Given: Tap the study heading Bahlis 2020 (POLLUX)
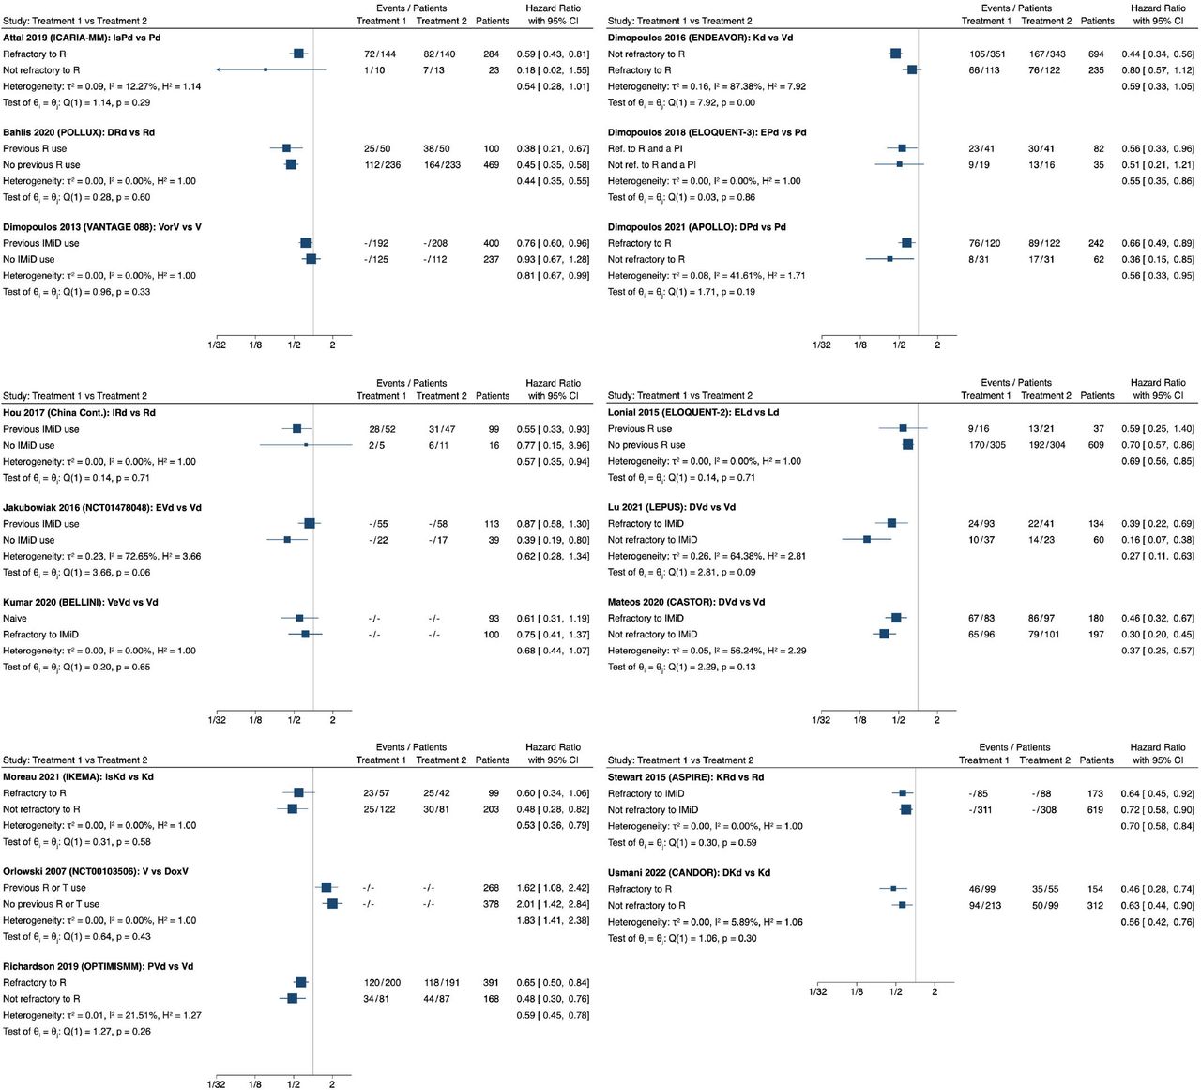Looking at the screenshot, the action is [x=79, y=132].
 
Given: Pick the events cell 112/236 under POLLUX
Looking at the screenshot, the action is [x=382, y=165].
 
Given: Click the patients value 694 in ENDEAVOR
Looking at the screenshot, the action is [x=1096, y=54].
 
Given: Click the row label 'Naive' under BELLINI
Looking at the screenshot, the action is [x=14, y=619].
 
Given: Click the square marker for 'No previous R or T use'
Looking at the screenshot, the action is [x=332, y=904].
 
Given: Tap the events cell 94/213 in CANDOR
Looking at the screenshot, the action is [x=984, y=905].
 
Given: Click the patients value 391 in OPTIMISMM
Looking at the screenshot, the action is [x=491, y=982].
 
